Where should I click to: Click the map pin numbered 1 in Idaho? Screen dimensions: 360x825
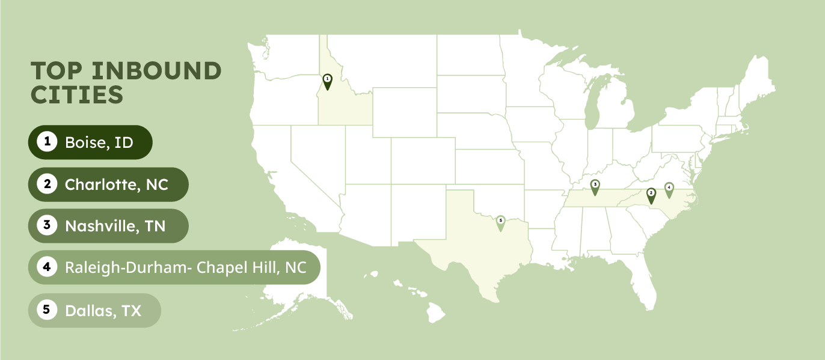coord(327,81)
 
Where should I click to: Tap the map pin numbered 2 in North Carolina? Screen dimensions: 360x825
coord(651,195)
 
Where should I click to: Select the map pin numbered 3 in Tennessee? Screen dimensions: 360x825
coord(595,187)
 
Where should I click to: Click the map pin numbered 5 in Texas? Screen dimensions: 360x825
coord(500,223)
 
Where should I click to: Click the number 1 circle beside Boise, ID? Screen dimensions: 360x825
coord(46,142)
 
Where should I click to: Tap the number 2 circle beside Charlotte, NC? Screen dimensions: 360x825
coord(46,184)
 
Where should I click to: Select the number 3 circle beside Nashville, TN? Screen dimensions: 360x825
coord(46,225)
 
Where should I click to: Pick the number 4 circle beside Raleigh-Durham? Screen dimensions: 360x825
coord(46,267)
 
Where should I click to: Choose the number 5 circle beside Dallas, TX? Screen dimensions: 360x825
coord(46,310)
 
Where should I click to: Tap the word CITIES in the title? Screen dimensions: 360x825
coord(77,95)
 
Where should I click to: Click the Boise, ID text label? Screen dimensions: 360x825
coord(99,142)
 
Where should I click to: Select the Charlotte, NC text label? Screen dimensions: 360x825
coord(117,184)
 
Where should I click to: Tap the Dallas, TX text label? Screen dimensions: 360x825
coord(103,310)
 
